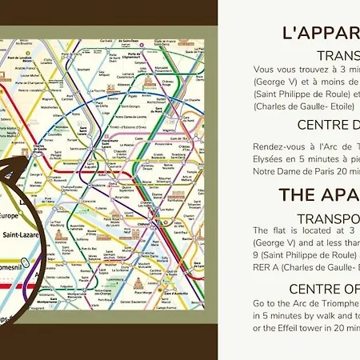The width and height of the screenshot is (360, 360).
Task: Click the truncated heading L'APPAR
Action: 321,33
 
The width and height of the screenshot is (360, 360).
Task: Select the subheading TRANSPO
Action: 328,218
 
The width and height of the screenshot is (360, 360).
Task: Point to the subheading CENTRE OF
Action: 323,288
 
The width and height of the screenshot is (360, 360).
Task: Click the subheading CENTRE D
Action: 328,125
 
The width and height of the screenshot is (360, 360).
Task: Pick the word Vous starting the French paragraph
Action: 263,70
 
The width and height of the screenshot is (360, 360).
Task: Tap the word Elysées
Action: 268,158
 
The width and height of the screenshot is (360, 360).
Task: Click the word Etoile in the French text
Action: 344,106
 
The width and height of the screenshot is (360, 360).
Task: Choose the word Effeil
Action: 289,327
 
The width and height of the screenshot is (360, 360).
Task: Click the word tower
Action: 316,327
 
